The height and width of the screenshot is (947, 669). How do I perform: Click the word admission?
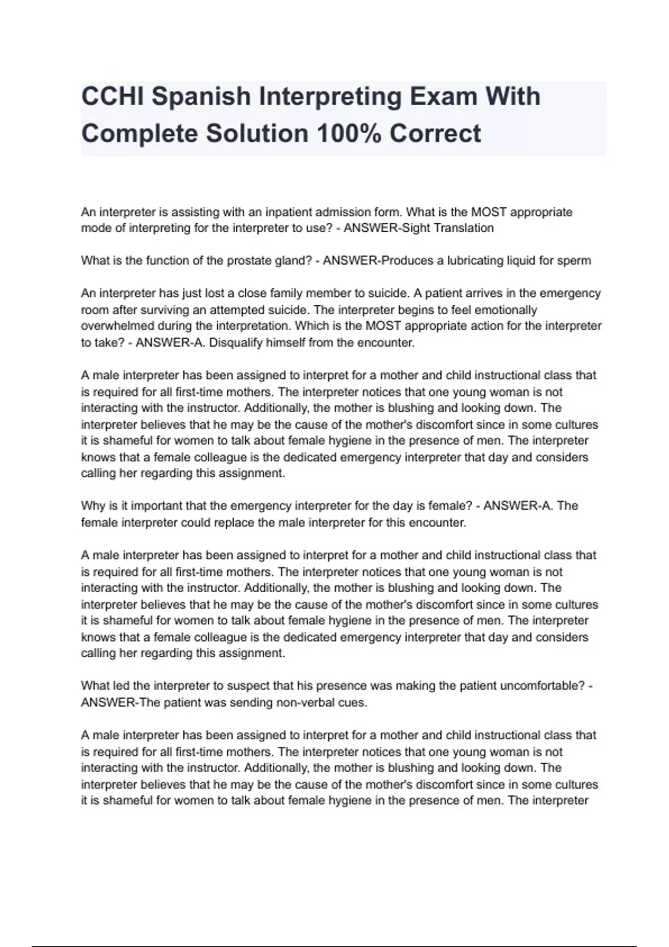click(x=343, y=212)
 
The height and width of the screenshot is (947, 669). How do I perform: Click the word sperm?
click(x=575, y=260)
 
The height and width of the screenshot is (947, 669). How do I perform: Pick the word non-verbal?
click(x=308, y=702)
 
